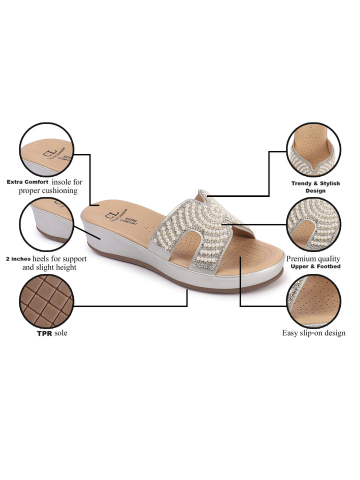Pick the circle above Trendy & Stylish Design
(313, 149)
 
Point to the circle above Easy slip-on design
(313, 300)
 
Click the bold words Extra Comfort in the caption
(27, 182)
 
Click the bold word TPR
(44, 333)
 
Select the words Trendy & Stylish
(315, 183)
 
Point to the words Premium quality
(313, 259)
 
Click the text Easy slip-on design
(313, 333)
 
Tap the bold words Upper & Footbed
(315, 266)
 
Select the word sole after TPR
(61, 333)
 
